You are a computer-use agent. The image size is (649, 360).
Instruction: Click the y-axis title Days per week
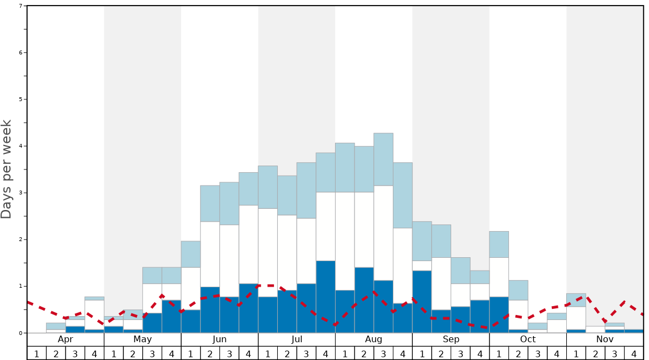click(x=7, y=169)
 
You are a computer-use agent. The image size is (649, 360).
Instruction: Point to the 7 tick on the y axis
click(x=21, y=6)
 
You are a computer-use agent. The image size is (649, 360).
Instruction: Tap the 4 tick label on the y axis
click(x=21, y=146)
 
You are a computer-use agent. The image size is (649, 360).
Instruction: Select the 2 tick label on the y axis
click(x=21, y=239)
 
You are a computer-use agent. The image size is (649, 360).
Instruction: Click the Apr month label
click(x=66, y=339)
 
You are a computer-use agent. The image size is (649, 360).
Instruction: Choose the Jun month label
click(x=219, y=339)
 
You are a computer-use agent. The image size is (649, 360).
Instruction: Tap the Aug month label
click(x=374, y=339)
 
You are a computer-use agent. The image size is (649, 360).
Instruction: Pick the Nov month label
click(x=605, y=339)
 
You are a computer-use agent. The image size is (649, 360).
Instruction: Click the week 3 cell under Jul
click(x=306, y=353)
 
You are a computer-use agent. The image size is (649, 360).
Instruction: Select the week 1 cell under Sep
click(x=422, y=353)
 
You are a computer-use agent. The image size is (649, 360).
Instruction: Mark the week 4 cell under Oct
click(x=557, y=353)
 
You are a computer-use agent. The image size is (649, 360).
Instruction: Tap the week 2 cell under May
click(x=133, y=353)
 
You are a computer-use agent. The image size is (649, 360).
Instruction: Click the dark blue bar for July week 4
click(x=326, y=297)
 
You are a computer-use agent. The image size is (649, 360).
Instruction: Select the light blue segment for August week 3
click(x=383, y=159)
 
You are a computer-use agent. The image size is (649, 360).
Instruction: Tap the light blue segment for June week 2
click(x=210, y=203)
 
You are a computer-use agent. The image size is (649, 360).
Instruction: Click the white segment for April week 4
click(x=94, y=314)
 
